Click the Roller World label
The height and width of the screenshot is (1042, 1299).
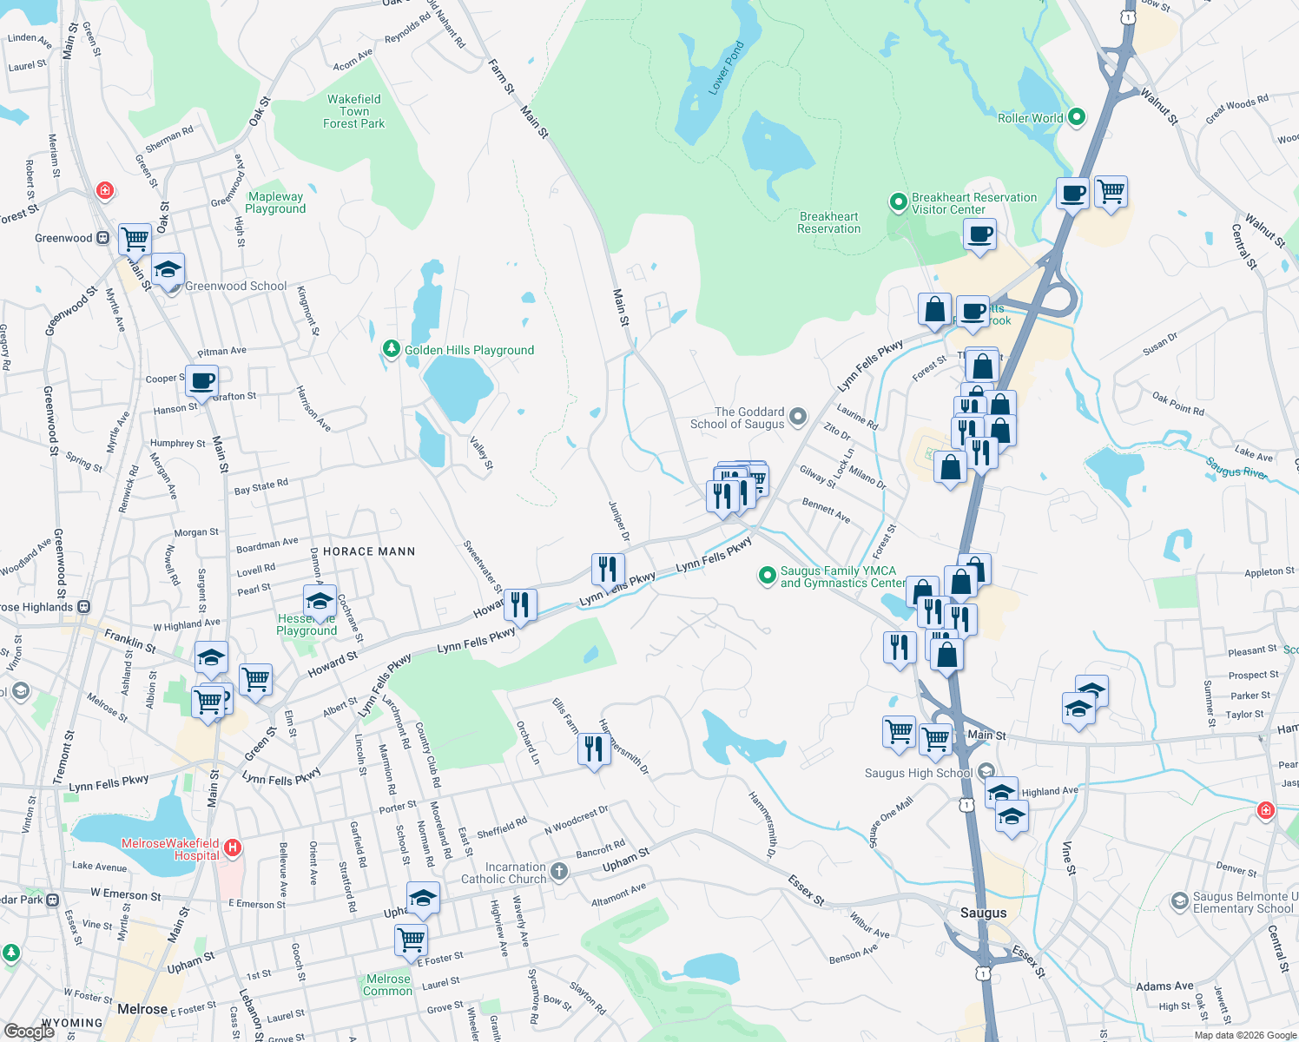[x=1030, y=118]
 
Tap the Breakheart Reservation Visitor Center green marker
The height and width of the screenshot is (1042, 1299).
[x=899, y=203]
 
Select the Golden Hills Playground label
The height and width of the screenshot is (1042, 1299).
[x=469, y=350]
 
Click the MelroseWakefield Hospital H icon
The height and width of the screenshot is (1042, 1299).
[x=232, y=847]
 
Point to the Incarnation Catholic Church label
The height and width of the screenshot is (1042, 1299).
[x=504, y=873]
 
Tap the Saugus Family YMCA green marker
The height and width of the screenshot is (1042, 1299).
[x=767, y=575]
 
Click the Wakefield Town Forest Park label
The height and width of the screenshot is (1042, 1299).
[x=353, y=111]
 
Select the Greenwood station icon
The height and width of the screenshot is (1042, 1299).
[x=103, y=238]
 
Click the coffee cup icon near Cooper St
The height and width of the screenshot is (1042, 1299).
[x=201, y=380]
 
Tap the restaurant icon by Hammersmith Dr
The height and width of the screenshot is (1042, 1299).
[x=594, y=748]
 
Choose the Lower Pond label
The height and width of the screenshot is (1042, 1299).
[x=726, y=68]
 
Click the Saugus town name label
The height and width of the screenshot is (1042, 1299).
[x=983, y=913]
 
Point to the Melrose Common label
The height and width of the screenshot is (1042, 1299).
[x=387, y=985]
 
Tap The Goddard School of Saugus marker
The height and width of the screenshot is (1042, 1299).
[x=798, y=419]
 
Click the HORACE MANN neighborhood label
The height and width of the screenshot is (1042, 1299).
[x=369, y=551]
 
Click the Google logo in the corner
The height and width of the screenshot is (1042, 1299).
[x=29, y=1031]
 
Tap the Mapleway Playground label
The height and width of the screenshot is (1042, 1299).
[x=275, y=202]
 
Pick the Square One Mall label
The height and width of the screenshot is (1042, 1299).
[x=892, y=822]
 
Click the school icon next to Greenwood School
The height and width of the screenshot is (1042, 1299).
[x=168, y=269]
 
